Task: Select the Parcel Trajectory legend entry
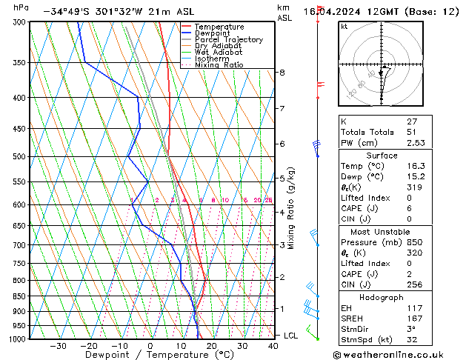coord(228,40)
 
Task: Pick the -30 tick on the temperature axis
coord(58,346)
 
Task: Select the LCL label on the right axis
coord(291,336)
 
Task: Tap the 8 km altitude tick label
coord(282,73)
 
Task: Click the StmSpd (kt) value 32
coord(413,341)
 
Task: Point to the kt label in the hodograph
coord(344,26)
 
